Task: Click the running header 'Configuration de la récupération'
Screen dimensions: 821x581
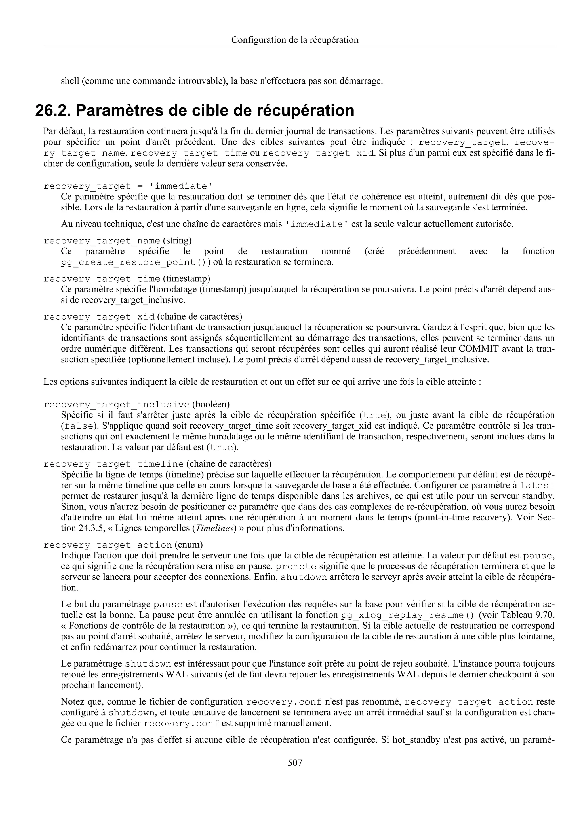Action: tap(295, 40)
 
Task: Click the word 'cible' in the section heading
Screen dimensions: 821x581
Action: tap(212, 110)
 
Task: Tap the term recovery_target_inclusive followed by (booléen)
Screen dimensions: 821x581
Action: tap(116, 405)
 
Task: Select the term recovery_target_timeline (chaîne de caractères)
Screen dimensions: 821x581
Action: tap(113, 464)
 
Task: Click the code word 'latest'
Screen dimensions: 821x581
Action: tap(537, 486)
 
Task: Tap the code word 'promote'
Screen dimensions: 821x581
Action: tap(296, 567)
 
